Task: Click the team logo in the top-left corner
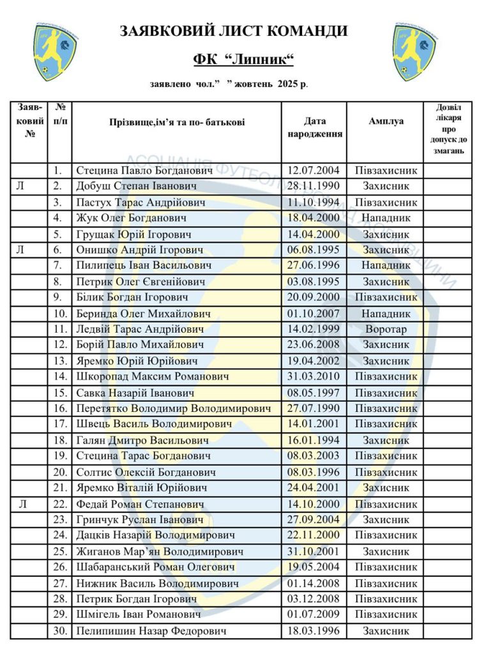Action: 56,51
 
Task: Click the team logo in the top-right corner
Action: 413,51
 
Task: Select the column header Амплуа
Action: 386,121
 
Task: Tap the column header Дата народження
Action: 314,128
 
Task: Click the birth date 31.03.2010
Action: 314,376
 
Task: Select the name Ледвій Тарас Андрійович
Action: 140,329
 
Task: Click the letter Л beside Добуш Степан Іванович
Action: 22,186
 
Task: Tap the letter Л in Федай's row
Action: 22,504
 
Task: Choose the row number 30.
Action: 60,630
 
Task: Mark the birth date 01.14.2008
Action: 314,583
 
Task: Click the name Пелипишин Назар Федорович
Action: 151,630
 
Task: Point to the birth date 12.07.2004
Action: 314,171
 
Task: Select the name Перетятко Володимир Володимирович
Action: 173,408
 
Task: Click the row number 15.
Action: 60,392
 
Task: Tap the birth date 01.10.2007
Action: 314,313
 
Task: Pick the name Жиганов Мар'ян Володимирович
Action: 160,551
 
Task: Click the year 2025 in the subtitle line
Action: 288,84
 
